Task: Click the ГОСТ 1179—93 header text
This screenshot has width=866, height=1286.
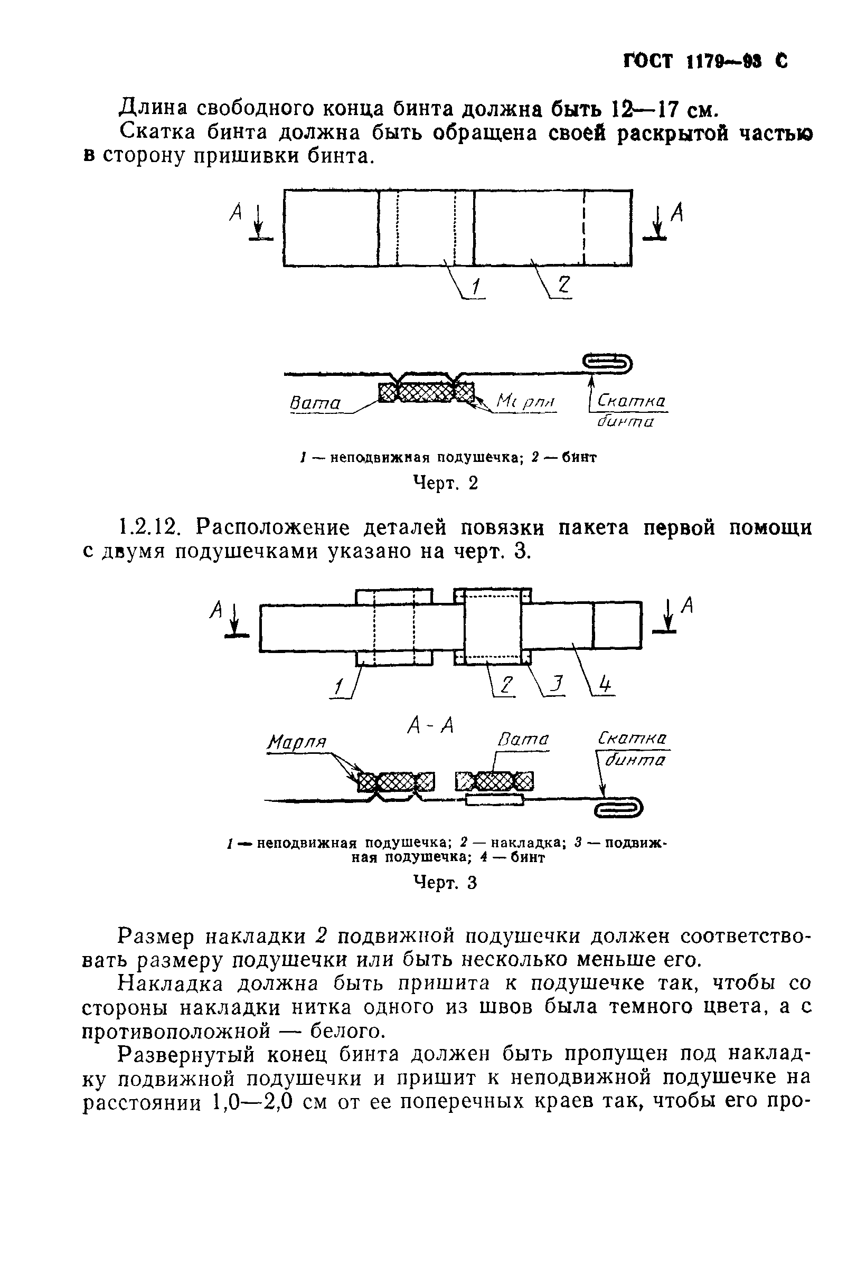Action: click(x=704, y=61)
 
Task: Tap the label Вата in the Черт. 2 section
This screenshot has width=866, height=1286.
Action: click(x=315, y=403)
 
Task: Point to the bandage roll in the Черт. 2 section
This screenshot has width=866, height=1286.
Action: click(x=608, y=363)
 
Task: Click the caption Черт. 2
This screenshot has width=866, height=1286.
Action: click(x=445, y=483)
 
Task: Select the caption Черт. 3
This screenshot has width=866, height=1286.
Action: click(x=445, y=883)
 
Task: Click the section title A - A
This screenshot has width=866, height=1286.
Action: click(x=430, y=725)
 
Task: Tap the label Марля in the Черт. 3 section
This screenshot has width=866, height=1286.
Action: click(x=297, y=742)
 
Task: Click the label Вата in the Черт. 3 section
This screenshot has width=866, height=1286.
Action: click(x=522, y=739)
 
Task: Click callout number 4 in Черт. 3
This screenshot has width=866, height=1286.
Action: click(x=605, y=685)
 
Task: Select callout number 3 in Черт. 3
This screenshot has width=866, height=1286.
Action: click(x=557, y=685)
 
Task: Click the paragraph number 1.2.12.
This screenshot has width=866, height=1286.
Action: click(x=149, y=528)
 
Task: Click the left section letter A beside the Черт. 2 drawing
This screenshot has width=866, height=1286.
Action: click(x=237, y=212)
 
